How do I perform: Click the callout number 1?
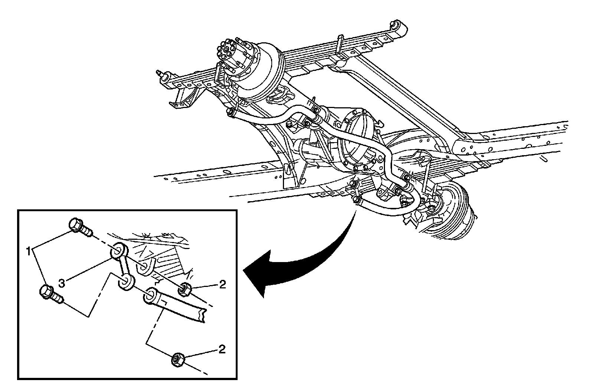[28, 251]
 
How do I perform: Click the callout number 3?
[62, 283]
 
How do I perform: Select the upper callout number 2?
[222, 284]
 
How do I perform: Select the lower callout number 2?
[222, 349]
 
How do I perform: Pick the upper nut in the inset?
[185, 290]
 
